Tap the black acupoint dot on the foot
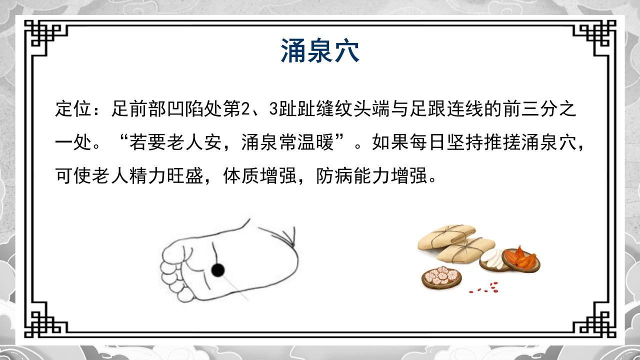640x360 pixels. click(217, 270)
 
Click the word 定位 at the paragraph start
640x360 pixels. click(69, 109)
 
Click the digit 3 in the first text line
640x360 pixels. click(273, 109)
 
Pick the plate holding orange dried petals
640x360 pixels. click(522, 259)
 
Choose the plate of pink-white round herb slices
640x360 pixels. click(441, 277)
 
